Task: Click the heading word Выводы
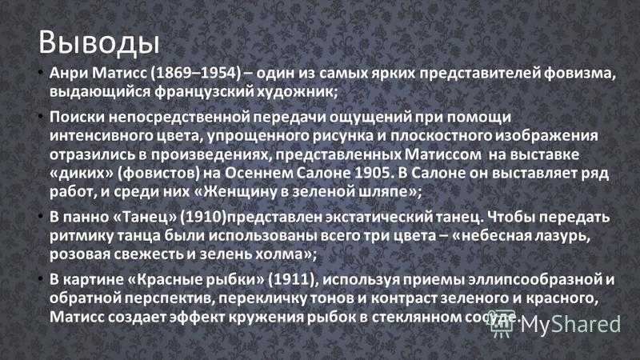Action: tap(98, 42)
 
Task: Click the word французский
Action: tap(204, 92)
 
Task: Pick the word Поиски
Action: tap(76, 117)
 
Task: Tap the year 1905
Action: tap(372, 174)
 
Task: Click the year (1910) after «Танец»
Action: tap(203, 217)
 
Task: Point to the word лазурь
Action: tap(565, 236)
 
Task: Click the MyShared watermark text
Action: tap(570, 326)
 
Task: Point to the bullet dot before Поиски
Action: tap(41, 117)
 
